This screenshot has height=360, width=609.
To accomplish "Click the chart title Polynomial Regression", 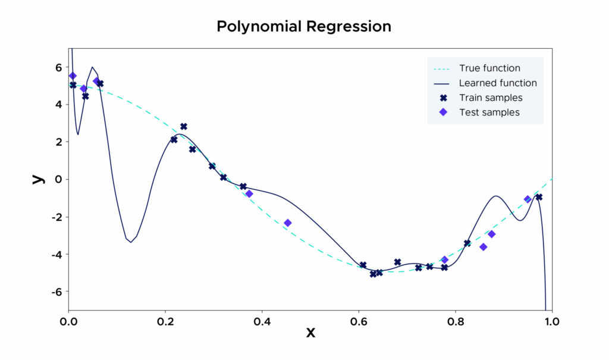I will pyautogui.click(x=304, y=27).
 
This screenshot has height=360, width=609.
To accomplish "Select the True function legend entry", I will pyautogui.click(x=489, y=68).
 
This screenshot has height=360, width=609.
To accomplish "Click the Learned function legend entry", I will pyautogui.click(x=498, y=83).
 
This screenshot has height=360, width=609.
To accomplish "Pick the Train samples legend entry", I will pyautogui.click(x=491, y=98).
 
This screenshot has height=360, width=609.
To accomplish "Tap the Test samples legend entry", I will pyautogui.click(x=489, y=112).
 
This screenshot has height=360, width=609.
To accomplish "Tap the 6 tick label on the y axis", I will pyautogui.click(x=58, y=67).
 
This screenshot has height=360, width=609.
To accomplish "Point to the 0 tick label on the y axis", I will pyautogui.click(x=58, y=179).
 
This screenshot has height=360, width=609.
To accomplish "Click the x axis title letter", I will pyautogui.click(x=310, y=332).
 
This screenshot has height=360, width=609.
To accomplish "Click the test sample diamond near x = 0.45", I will pyautogui.click(x=288, y=223).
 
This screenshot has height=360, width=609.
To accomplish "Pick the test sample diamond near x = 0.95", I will pyautogui.click(x=528, y=199).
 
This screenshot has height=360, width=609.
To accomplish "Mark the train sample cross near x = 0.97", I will pyautogui.click(x=539, y=197).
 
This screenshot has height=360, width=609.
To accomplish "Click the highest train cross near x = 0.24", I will pyautogui.click(x=184, y=127).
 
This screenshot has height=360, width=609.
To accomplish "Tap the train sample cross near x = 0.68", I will pyautogui.click(x=397, y=262).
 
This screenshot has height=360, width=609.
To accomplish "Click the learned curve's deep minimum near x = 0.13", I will pyautogui.click(x=131, y=242).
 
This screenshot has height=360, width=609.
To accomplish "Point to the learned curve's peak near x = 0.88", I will pyautogui.click(x=496, y=196).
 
